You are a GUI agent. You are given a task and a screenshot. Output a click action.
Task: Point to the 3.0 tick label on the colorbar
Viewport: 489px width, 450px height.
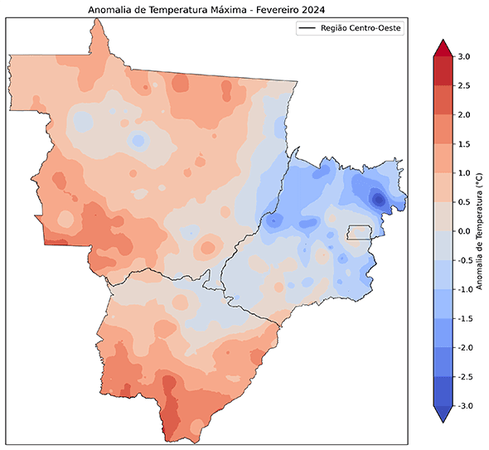coord(464,56)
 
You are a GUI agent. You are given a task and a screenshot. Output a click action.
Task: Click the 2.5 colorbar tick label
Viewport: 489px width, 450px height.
coord(464,85)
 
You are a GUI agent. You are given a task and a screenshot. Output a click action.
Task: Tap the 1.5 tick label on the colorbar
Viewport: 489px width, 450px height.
coord(464,143)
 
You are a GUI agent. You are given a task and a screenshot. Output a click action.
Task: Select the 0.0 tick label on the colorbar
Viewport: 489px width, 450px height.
coord(464,231)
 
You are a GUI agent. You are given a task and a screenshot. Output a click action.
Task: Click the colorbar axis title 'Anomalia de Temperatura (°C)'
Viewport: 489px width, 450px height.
coord(482,231)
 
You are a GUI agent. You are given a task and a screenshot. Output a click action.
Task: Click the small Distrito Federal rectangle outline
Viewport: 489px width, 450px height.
coord(358,232)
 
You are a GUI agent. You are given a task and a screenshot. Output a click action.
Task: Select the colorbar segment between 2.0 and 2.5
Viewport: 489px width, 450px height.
coord(442,100)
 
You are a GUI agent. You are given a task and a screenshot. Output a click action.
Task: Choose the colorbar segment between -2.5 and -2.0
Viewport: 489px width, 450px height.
coord(442,362)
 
